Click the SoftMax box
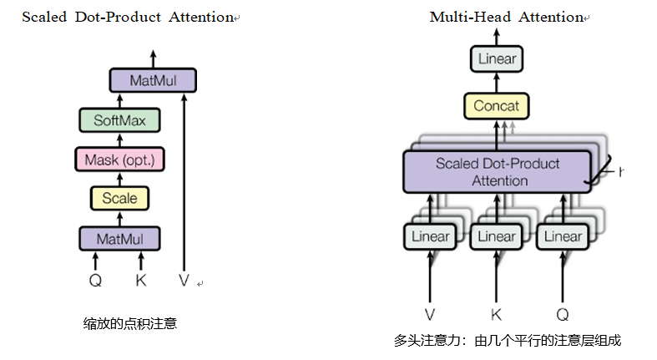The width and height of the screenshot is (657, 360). [119, 120]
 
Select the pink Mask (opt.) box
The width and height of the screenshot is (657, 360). [119, 159]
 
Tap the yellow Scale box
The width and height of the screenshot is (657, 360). [119, 198]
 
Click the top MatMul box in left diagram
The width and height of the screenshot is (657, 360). [154, 81]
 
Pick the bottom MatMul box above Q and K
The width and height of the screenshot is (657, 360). [119, 239]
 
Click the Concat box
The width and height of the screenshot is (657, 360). [496, 106]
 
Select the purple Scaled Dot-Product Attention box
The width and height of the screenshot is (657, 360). [498, 172]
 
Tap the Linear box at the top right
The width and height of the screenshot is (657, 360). [497, 59]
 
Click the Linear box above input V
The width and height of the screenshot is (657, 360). [430, 237]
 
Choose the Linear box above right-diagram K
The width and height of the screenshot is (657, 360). [497, 237]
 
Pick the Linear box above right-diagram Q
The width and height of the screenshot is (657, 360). [562, 237]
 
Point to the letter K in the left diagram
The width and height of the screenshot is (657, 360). [140, 281]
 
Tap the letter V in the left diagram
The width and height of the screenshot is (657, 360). [184, 281]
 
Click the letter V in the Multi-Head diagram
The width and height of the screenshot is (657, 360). [430, 314]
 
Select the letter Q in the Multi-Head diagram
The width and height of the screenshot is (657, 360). [562, 314]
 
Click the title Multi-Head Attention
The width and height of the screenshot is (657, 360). [505, 17]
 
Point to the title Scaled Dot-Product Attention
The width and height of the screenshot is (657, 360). [126, 17]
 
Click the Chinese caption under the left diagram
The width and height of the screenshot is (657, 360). [129, 323]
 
